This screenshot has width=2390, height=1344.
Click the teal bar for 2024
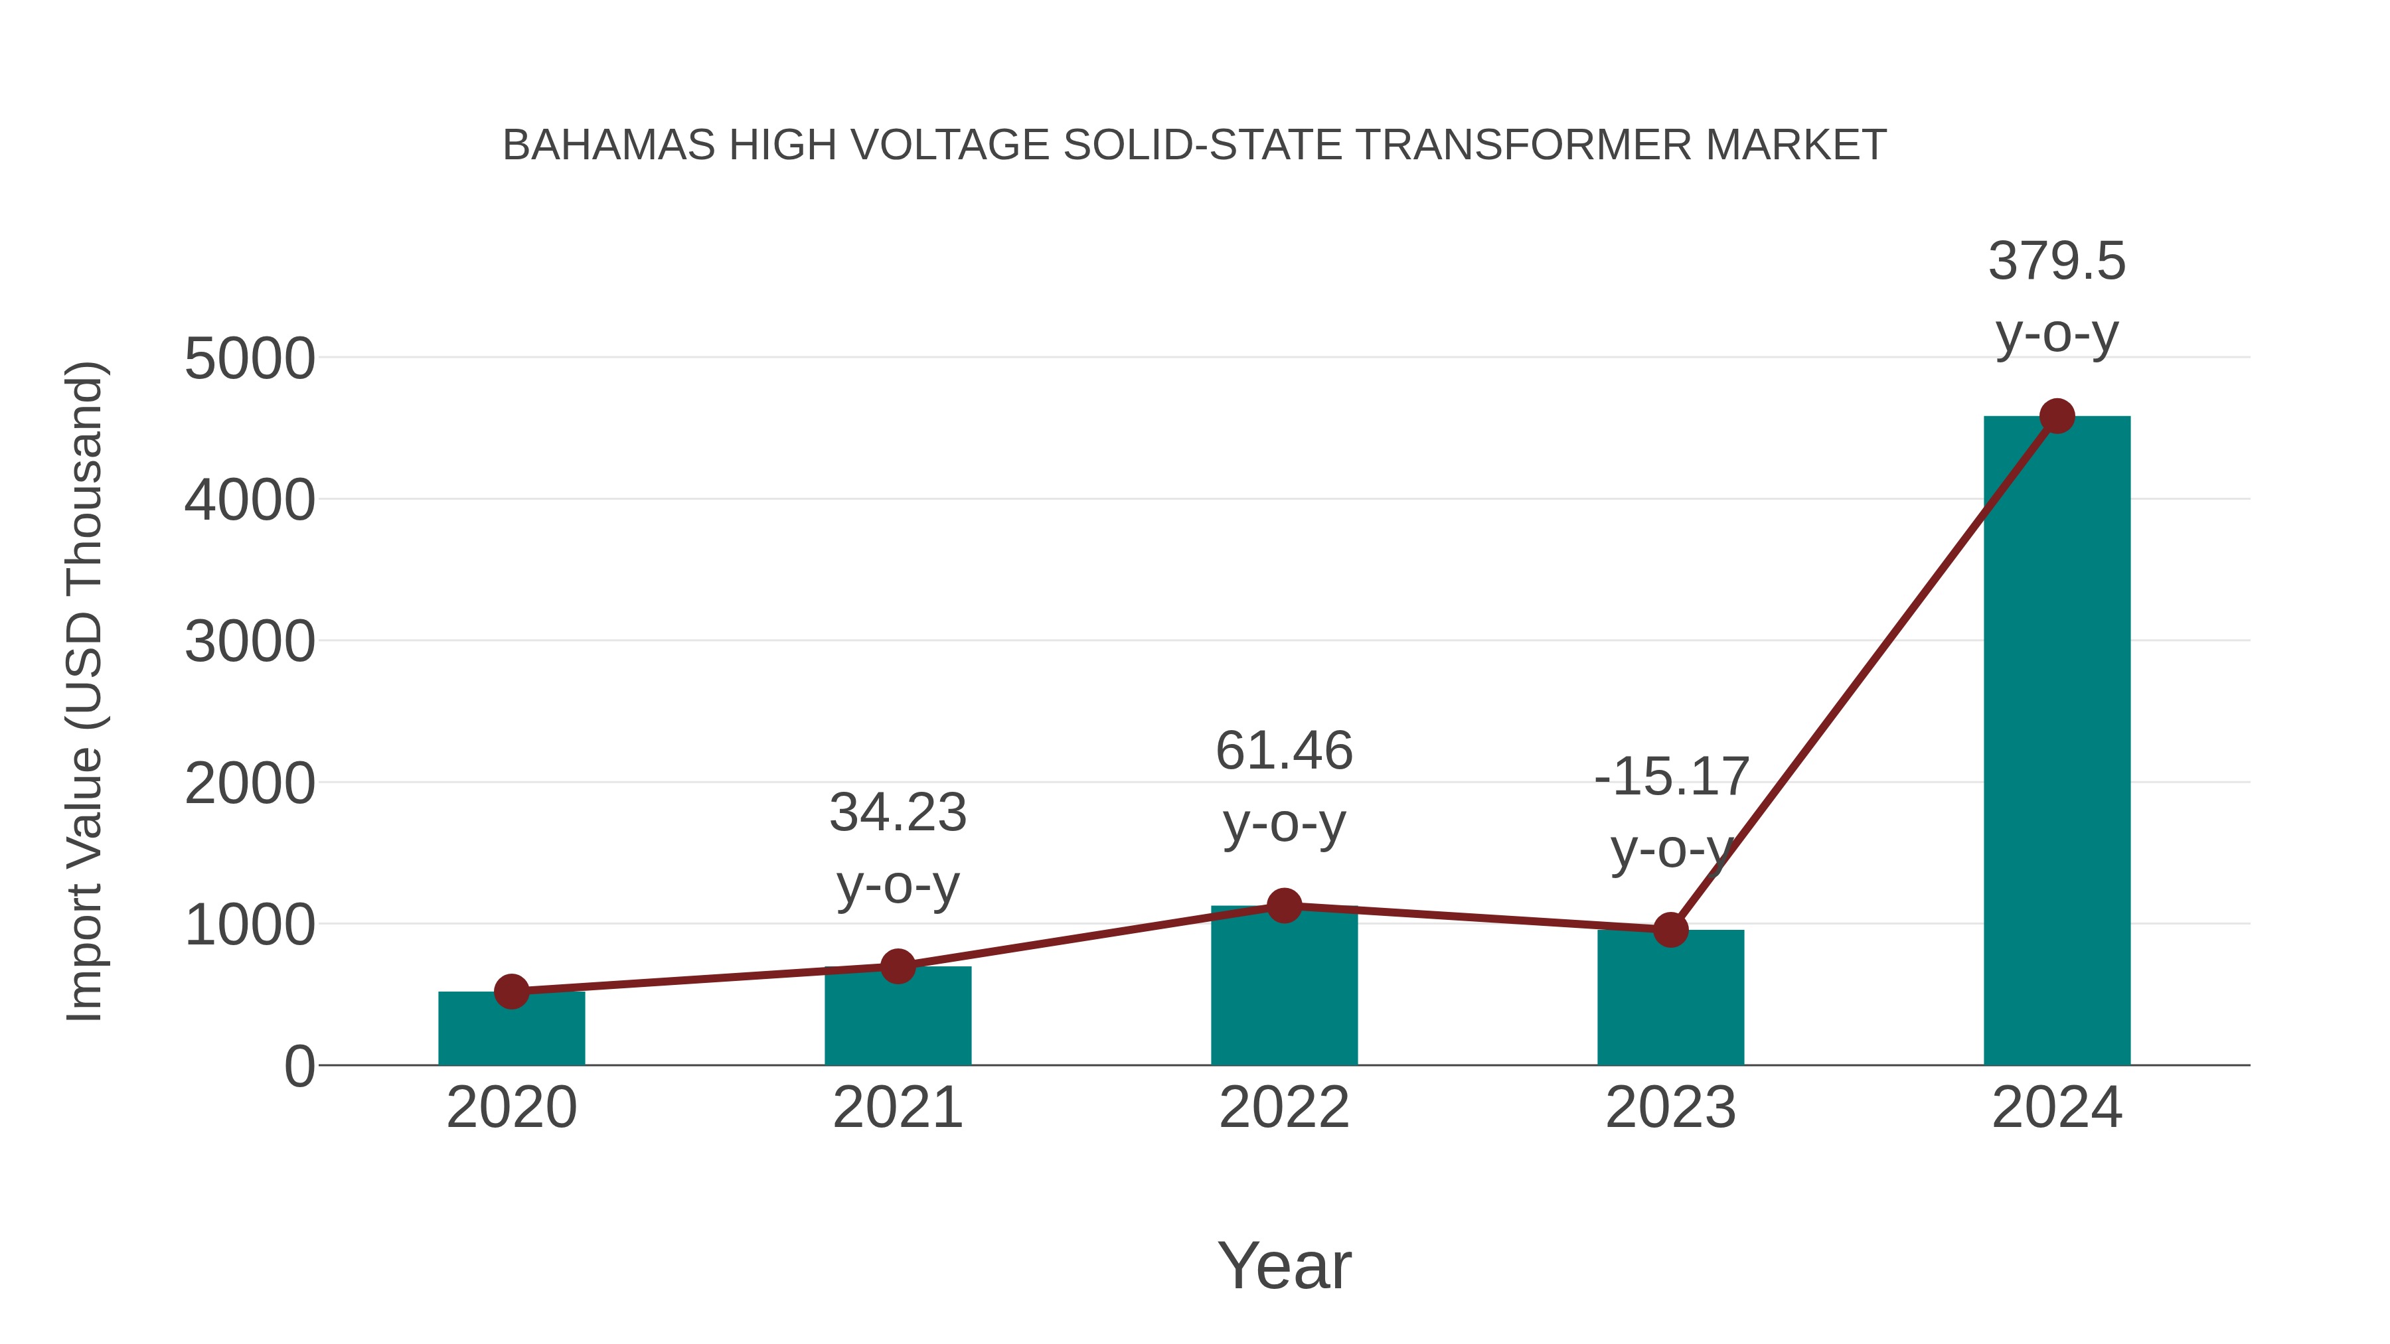[2056, 742]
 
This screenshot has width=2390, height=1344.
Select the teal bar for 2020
[511, 1029]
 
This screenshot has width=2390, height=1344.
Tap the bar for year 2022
[1284, 988]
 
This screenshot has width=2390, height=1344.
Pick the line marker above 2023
[1670, 929]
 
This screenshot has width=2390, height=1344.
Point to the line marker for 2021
[897, 966]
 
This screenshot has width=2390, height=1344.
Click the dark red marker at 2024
[2057, 416]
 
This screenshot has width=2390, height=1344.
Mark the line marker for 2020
[511, 992]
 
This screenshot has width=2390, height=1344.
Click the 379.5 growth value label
[2056, 261]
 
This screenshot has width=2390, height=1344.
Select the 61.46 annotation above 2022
[1284, 751]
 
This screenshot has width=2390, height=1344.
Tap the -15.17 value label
[1671, 777]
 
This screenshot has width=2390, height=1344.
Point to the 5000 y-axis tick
[250, 359]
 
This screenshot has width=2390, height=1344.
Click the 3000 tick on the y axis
[250, 642]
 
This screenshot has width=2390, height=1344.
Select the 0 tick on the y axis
[299, 1067]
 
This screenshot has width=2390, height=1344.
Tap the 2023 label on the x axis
[1670, 1108]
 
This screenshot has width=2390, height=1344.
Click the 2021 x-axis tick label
[897, 1108]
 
